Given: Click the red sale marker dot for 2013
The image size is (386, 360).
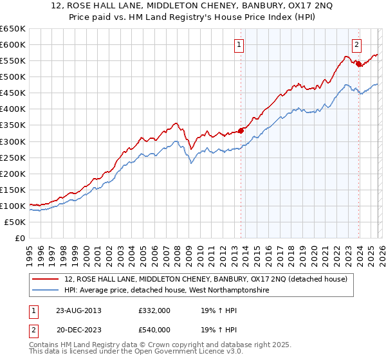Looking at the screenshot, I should click(241, 130).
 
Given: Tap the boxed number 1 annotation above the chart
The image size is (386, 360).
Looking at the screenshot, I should click(239, 45).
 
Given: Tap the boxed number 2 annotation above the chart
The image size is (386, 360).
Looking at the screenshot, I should click(356, 45).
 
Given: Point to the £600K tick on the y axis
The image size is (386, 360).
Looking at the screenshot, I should click(13, 44).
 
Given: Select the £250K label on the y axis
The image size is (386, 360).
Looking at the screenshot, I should click(13, 157).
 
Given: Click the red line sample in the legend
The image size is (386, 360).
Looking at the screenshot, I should click(46, 280).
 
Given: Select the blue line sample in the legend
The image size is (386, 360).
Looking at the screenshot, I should click(46, 291).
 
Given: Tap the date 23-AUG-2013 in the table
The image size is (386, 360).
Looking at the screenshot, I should click(78, 310).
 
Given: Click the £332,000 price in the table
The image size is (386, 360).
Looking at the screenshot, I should click(154, 310).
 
